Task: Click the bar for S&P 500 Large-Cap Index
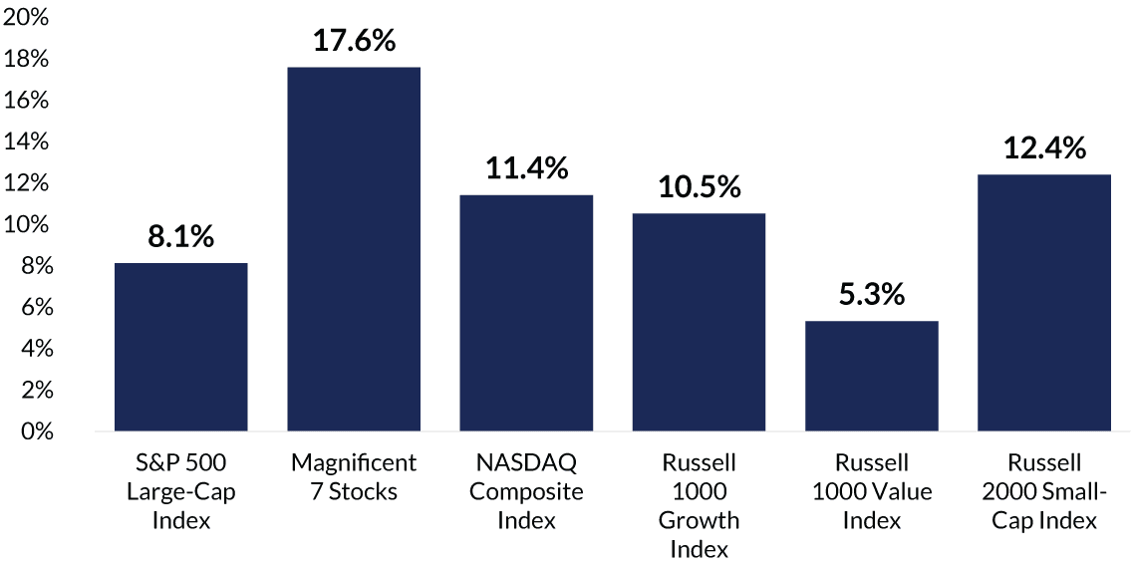click(180, 347)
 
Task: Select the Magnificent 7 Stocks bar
click(354, 249)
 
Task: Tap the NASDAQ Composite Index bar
click(526, 313)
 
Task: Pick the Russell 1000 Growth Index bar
click(699, 322)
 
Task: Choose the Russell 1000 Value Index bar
click(871, 376)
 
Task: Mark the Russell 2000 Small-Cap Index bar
click(1044, 303)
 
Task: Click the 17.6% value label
click(354, 42)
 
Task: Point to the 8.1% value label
click(180, 238)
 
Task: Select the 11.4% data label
click(526, 169)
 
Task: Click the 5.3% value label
click(871, 296)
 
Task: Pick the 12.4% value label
click(1044, 149)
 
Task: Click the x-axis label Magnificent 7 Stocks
click(354, 477)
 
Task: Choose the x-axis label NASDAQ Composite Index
click(526, 491)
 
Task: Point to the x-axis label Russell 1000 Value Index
click(871, 491)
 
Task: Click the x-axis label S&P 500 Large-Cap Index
click(180, 491)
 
